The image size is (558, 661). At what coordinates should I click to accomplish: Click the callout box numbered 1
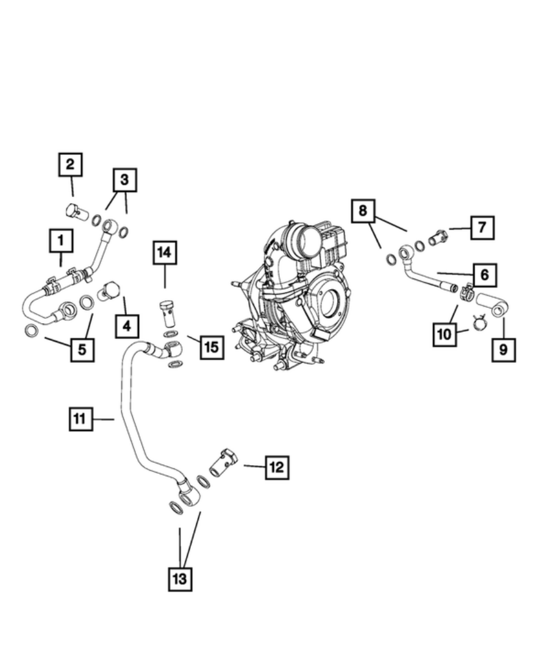point(61,241)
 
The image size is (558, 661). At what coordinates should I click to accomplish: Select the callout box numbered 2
point(71,165)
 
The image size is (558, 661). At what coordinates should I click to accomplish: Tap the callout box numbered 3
point(124,180)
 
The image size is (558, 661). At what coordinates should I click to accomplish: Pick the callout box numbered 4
point(127,326)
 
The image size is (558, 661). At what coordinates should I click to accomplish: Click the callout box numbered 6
point(484,275)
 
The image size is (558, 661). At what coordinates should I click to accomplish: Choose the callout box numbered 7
point(482,228)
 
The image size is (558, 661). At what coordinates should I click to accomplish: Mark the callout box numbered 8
point(363,212)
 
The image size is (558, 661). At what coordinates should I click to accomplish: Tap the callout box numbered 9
point(504,350)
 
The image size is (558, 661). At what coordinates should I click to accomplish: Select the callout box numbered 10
point(445,334)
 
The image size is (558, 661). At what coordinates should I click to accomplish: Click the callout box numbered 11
point(80,419)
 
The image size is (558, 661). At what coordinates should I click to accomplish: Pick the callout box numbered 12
point(276,468)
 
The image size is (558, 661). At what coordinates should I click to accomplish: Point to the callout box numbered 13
point(180,578)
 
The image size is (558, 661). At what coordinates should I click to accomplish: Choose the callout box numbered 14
point(164,252)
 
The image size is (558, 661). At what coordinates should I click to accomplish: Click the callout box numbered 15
point(211,347)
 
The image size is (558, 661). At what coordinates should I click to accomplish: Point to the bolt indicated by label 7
point(438,237)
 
